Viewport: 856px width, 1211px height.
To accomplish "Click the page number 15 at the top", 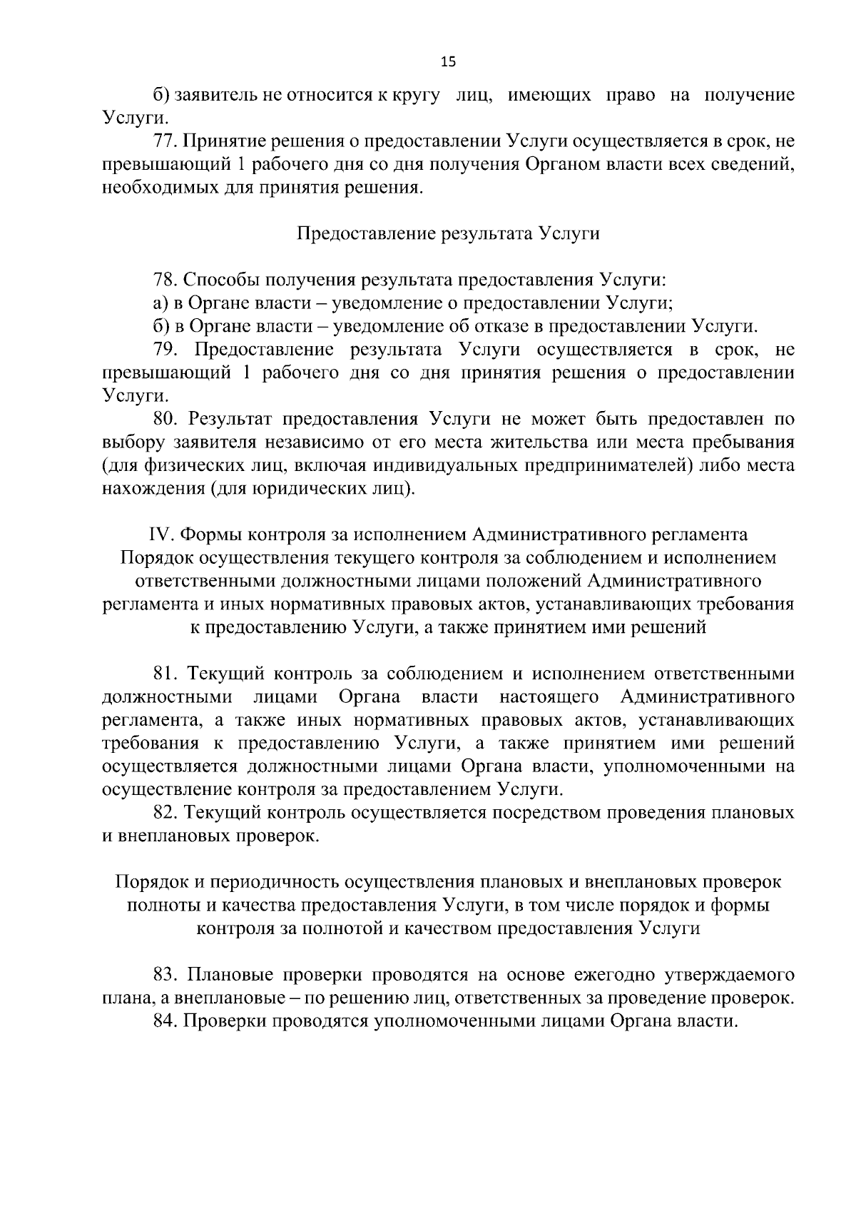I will pos(448,61).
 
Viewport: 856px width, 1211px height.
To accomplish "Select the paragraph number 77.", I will pos(164,141).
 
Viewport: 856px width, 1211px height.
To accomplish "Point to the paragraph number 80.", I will pos(165,419).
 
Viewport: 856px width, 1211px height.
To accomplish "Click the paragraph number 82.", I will pos(164,812).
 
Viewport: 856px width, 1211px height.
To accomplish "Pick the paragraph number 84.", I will pos(164,1020).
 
